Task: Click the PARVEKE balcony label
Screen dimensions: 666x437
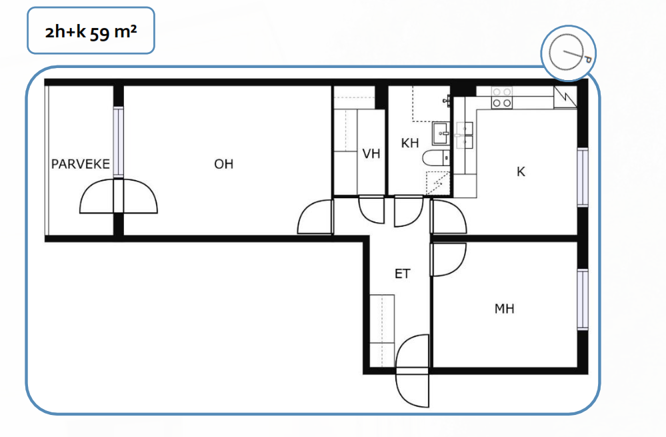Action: click(80, 164)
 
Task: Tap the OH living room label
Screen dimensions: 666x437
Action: click(224, 164)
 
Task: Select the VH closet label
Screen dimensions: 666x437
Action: click(371, 153)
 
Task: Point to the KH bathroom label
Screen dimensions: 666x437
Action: click(410, 143)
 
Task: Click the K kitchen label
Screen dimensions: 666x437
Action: click(521, 171)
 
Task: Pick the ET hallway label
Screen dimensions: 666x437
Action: click(403, 274)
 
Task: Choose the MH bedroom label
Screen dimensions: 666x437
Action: click(505, 309)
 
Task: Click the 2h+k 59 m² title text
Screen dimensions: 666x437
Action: click(91, 31)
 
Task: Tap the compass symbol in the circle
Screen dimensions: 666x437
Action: click(569, 53)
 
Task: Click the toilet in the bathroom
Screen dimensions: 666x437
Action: click(436, 157)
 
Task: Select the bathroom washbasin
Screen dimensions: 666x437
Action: click(441, 133)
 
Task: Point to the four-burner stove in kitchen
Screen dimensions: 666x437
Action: click(501, 97)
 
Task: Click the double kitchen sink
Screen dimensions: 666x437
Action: click(465, 135)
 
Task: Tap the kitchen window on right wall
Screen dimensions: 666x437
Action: click(583, 177)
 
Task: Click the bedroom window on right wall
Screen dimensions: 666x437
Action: click(583, 300)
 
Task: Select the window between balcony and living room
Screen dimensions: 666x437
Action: click(119, 142)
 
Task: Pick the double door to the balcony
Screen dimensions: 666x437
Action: click(119, 196)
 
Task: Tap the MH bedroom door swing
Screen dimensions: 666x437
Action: click(449, 260)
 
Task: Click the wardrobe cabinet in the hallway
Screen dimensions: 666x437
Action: click(382, 331)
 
